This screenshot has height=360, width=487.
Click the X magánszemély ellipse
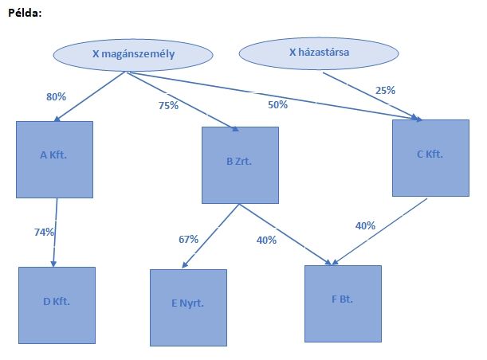point(133,54)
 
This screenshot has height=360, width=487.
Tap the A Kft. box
point(54,159)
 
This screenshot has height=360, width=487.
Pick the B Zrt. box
point(240,165)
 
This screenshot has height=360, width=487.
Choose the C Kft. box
point(429,156)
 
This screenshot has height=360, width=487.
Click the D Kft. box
point(57,305)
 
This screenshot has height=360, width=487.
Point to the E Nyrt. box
point(188,307)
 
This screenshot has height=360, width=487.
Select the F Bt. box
point(343,302)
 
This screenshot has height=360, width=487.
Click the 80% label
point(56,97)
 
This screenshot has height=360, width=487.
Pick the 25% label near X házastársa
point(385,90)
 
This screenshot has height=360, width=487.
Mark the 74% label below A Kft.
point(44,232)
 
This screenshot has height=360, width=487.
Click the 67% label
point(188,239)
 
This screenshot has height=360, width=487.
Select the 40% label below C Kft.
point(365,225)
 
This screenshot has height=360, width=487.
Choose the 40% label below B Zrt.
point(266,239)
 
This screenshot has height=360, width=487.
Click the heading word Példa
point(25,14)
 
